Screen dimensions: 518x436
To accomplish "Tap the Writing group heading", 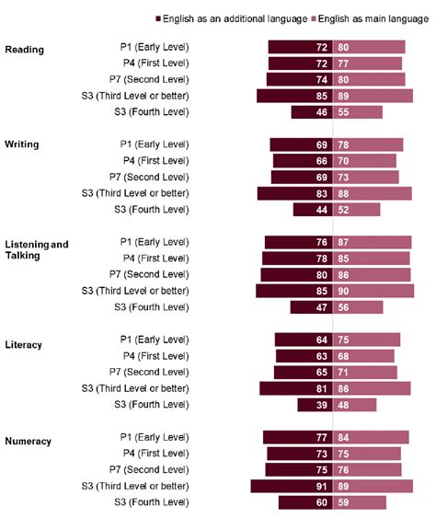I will point(22,144).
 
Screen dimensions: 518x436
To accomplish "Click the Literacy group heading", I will point(24,345).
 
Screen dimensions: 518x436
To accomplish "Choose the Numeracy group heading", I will point(28,442).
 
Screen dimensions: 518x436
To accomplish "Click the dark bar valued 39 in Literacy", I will point(314,405).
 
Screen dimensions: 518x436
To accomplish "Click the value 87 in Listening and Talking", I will point(343,242).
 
